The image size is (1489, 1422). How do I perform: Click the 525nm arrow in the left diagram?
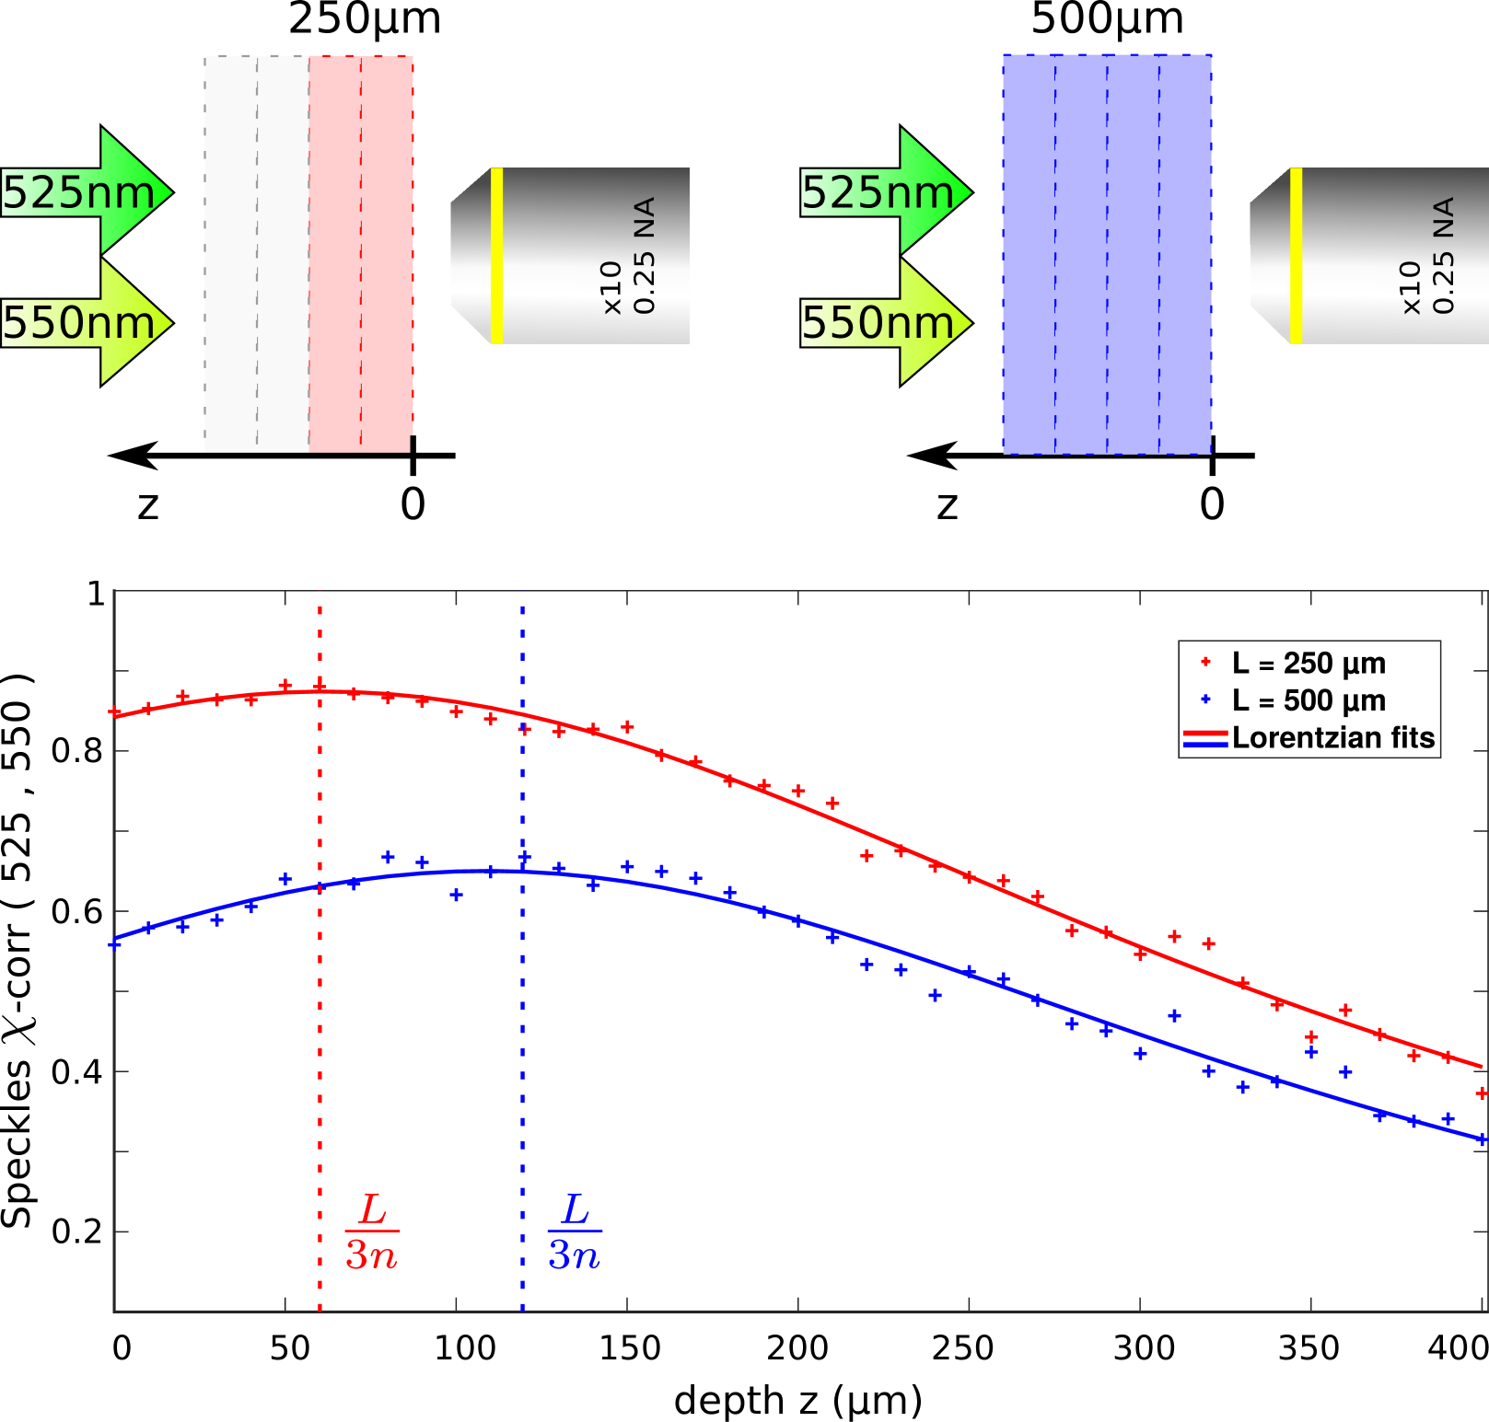click(87, 191)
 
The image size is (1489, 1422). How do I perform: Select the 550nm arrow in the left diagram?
click(87, 322)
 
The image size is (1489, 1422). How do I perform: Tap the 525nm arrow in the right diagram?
click(886, 191)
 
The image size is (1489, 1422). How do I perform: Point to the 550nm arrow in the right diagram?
click(886, 322)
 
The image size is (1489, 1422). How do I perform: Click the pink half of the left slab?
click(361, 253)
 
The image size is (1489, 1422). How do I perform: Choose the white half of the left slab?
click(256, 253)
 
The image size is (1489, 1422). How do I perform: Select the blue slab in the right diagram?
click(1107, 253)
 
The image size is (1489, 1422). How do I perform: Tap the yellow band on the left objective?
click(496, 256)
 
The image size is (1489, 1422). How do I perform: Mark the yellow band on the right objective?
click(1296, 256)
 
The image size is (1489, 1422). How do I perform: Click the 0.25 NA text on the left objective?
click(645, 256)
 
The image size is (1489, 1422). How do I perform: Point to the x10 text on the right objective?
click(1410, 287)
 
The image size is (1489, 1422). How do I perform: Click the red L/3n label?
click(372, 1231)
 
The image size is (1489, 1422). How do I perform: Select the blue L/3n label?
click(575, 1231)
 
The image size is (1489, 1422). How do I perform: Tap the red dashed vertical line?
click(320, 1012)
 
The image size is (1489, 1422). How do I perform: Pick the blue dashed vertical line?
click(522, 1058)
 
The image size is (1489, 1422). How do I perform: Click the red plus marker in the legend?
click(1205, 661)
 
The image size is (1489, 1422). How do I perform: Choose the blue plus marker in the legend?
click(1205, 699)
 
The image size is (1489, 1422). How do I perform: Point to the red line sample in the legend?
click(1205, 734)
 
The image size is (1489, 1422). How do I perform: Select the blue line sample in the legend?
click(1205, 745)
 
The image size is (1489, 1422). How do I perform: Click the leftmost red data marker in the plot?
click(115, 711)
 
